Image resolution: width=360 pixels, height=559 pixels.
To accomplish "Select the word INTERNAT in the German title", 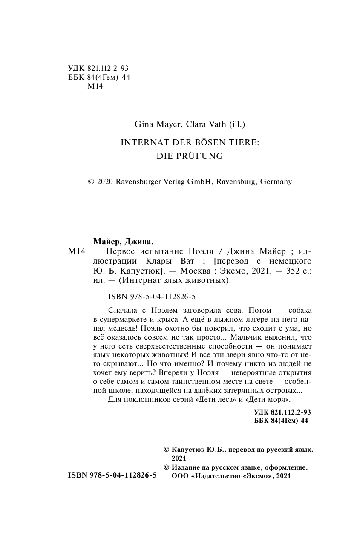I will (x=141, y=144).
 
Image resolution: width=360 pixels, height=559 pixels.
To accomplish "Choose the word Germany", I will (x=276, y=182).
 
